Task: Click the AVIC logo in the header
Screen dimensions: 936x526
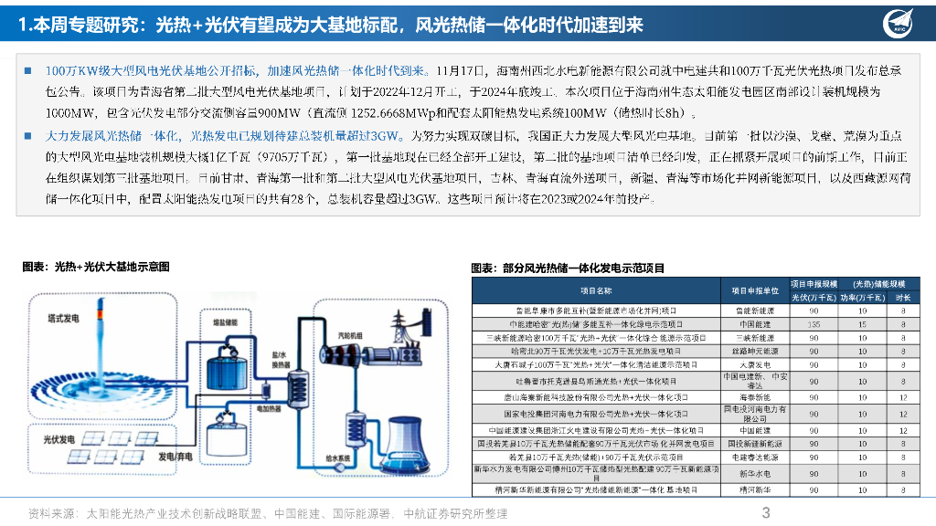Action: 899,24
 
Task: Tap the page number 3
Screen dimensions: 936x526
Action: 766,512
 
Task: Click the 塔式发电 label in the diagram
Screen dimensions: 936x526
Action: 63,319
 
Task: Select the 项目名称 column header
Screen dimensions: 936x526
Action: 598,291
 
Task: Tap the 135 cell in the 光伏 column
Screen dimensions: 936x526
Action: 813,324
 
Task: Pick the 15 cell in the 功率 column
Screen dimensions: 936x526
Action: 861,324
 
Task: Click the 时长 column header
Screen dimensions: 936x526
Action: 903,298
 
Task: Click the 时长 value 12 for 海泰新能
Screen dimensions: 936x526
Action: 903,397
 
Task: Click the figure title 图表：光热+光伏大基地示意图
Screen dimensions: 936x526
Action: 96,268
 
